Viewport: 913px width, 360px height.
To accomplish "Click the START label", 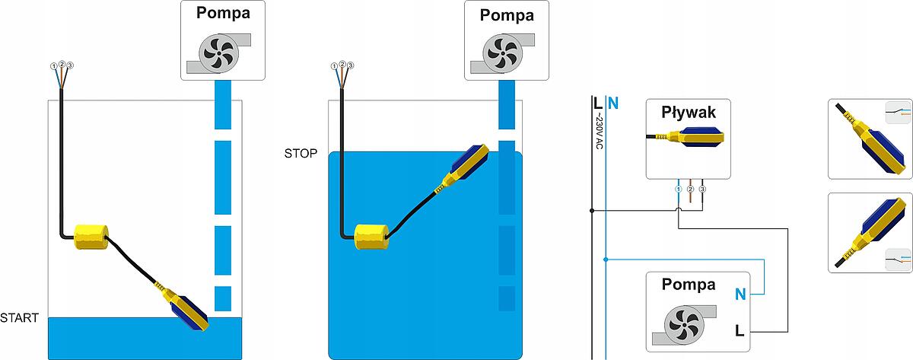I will (x=19, y=317).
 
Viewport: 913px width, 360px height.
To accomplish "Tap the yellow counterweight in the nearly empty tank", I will (x=91, y=237).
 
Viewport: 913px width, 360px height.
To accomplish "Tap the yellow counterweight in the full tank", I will (x=373, y=237).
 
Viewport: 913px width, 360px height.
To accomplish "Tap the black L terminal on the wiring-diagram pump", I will (x=740, y=330).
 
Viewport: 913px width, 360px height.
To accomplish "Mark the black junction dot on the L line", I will (x=592, y=210).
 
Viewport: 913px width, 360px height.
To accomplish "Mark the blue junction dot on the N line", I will (x=606, y=260).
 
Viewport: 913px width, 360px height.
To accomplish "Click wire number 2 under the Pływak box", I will (x=690, y=188).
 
